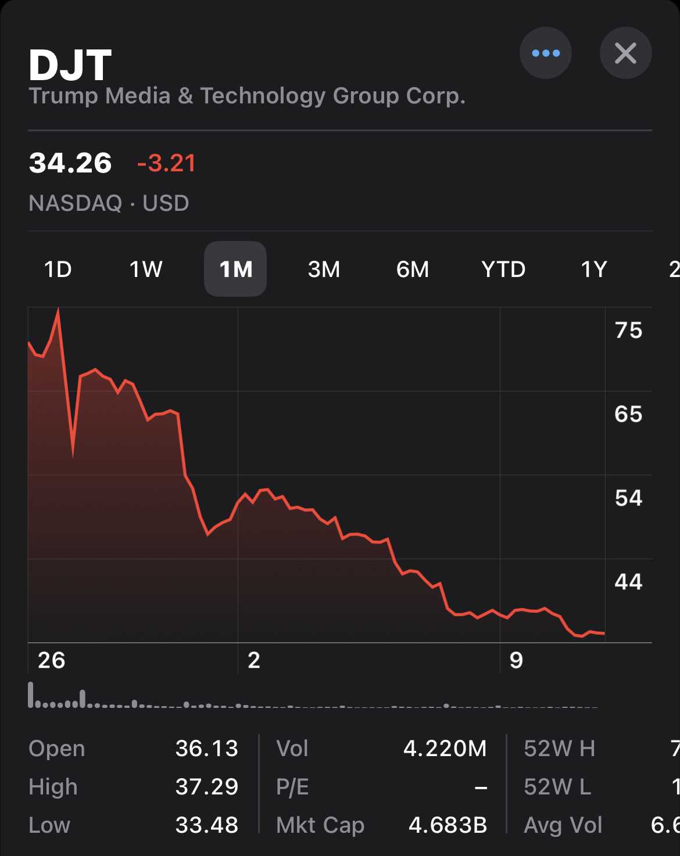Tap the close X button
625,53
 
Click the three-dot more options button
545,53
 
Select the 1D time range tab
58,269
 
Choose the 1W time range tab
146,269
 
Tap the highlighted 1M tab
235,269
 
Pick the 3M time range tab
324,269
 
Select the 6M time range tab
413,269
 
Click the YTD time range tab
503,269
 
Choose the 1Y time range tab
594,269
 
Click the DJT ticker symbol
70,65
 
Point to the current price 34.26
70,163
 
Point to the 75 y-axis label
628,330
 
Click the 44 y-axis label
628,582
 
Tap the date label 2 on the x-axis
254,660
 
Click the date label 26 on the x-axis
51,660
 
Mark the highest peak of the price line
58,310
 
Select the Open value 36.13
207,749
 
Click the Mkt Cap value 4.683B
448,825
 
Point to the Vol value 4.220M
445,749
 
